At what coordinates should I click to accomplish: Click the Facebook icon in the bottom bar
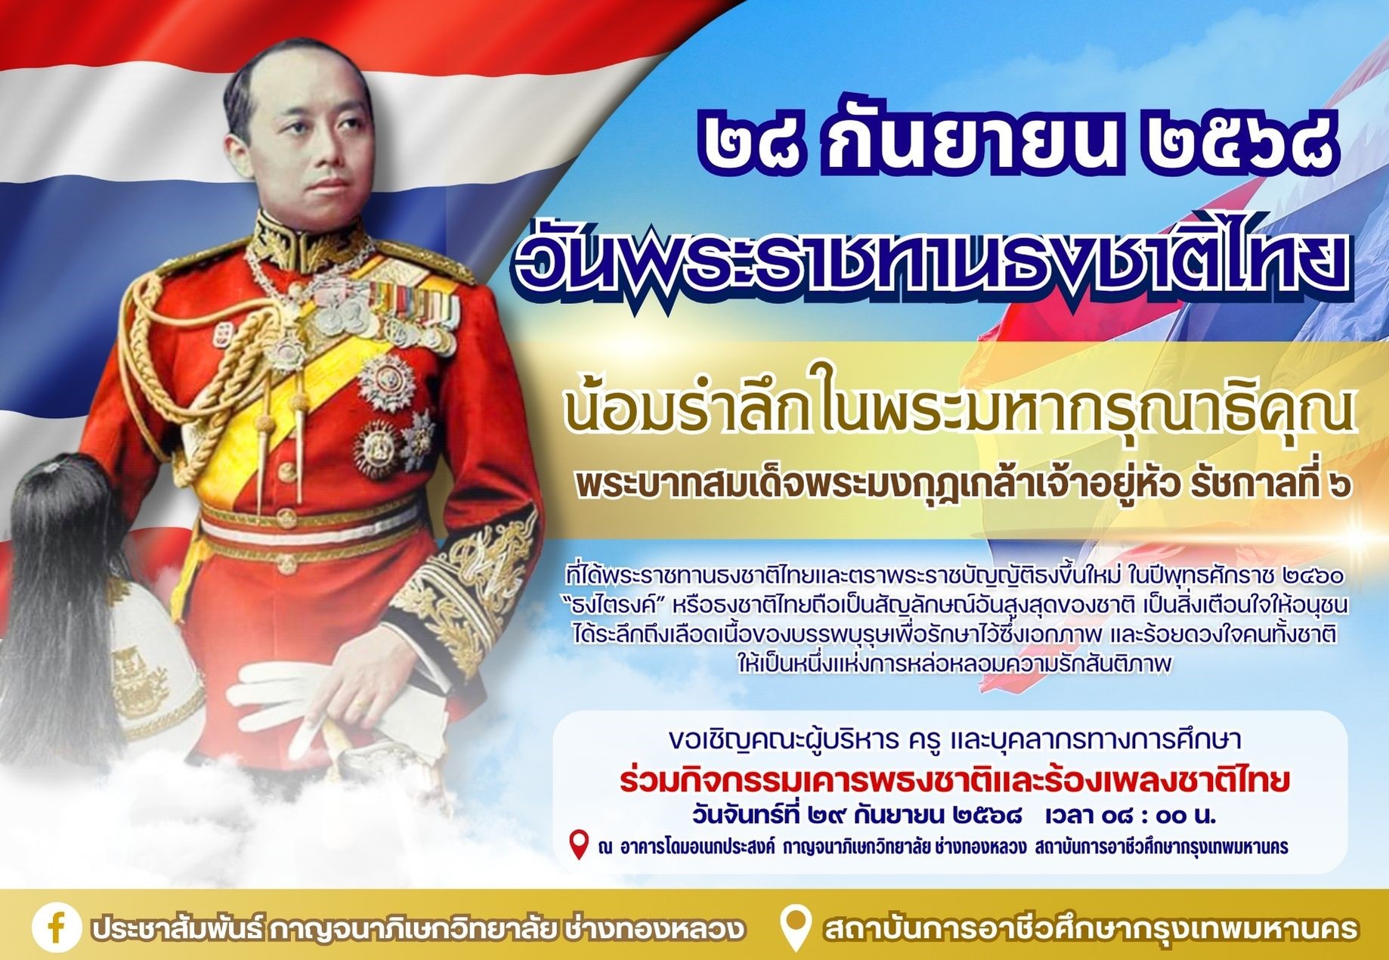point(57,929)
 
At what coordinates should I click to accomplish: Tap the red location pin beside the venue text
point(579,845)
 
